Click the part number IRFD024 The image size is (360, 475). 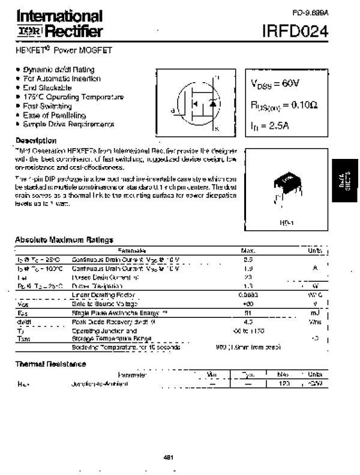[295, 31]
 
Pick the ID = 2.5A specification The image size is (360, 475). [270, 126]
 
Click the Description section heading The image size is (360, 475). [36, 140]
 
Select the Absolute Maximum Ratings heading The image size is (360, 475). [64, 240]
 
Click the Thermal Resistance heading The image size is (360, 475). [50, 364]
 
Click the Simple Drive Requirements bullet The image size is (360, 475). [68, 124]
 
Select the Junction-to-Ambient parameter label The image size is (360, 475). [100, 384]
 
